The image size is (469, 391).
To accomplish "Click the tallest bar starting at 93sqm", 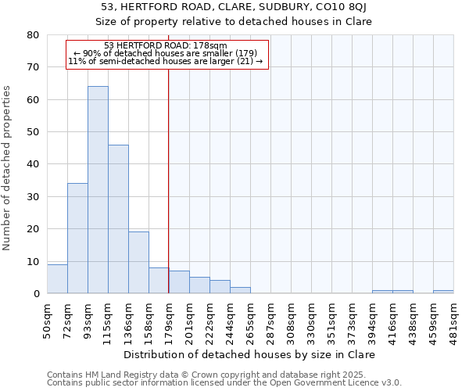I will point(98,190).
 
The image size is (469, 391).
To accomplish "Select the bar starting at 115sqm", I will point(118,219).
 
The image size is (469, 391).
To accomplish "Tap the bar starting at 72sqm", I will point(77,239).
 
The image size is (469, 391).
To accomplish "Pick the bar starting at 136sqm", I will point(138,263).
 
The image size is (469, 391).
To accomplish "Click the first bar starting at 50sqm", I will point(57,279).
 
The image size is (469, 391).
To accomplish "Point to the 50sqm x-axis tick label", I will point(47,318).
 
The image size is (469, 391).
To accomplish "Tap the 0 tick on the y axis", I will point(36,293).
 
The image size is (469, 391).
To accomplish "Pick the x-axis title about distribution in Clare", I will point(250,354).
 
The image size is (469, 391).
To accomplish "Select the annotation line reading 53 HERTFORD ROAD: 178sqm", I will point(166,45).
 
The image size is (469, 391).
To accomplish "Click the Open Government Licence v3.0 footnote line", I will point(224,383).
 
